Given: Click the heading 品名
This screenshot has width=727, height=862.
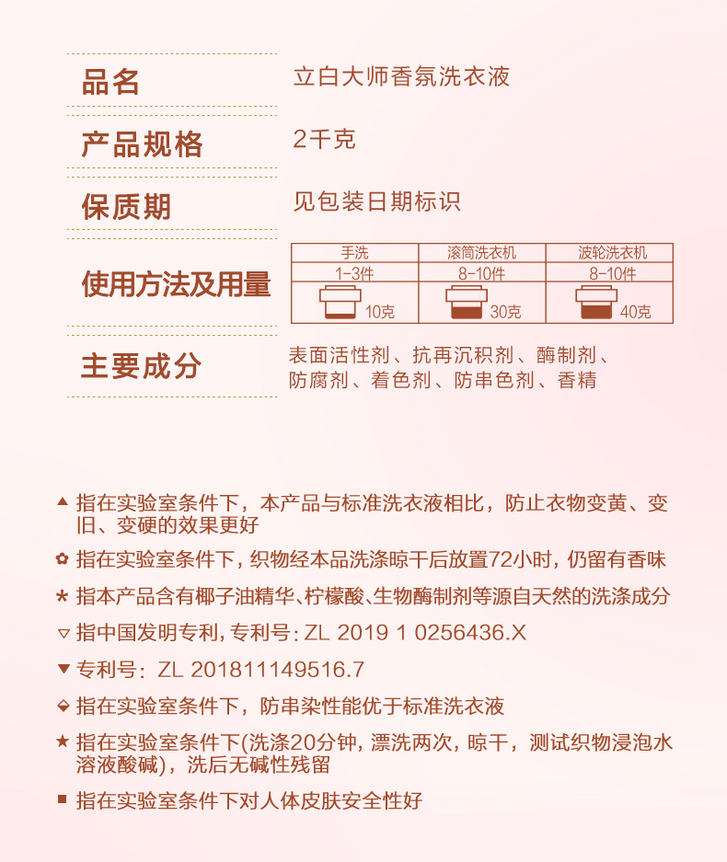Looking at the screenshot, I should point(110,83).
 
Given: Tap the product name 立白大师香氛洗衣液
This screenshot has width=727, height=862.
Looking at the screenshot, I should point(401,76).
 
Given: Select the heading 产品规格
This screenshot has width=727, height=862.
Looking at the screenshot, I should point(142,144).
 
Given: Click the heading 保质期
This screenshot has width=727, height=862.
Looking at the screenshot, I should point(126,206).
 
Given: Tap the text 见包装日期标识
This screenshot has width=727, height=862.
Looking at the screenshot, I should point(376,201).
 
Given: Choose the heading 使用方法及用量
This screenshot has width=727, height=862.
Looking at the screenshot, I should point(176,284).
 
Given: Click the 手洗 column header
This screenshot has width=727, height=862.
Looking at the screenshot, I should point(354,252).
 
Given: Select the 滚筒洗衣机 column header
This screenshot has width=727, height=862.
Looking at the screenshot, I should point(481,252).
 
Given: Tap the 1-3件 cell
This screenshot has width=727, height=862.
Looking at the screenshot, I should point(354,273).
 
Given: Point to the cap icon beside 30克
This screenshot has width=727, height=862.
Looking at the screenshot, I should point(466,304).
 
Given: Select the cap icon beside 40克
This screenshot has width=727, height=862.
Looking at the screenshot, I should point(595,304).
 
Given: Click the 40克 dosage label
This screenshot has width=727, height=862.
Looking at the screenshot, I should point(635,312).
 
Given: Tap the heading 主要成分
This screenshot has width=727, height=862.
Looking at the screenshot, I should point(141,365).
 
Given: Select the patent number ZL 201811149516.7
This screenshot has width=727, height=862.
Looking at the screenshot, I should point(261,669).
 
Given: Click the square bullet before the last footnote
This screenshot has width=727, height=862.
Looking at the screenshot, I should point(63,799).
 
